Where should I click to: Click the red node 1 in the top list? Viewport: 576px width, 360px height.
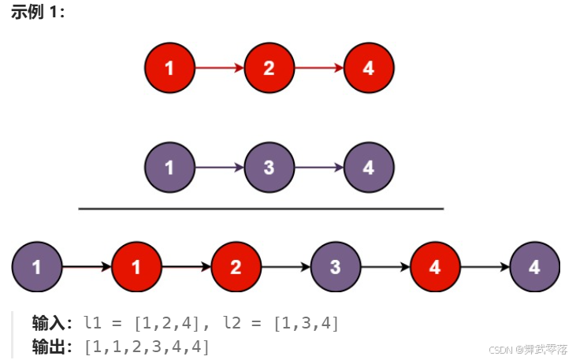pos(169,68)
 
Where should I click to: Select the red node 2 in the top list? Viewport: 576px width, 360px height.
pos(269,68)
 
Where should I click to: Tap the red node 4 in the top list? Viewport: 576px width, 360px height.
pos(369,68)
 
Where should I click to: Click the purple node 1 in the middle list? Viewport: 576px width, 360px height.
pos(169,168)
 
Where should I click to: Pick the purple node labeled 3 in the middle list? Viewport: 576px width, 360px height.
pos(269,168)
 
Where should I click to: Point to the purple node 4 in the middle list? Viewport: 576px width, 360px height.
pos(369,168)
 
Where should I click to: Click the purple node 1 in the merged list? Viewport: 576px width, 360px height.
pos(37,267)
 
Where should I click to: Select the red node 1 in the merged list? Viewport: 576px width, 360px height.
pos(136,267)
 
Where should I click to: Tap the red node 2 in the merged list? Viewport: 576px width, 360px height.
pos(236,267)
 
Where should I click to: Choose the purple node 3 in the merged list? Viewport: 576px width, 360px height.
pos(336,267)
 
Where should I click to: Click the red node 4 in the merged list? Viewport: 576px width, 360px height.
pos(435,267)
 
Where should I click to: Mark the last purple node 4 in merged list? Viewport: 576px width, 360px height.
pos(535,267)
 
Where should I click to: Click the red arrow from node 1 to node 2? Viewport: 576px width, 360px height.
pos(219,68)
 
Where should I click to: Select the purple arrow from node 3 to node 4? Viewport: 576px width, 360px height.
pos(318,168)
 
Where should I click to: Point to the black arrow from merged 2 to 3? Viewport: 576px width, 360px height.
pos(285,267)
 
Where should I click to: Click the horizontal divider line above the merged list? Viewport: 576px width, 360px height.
pos(261,209)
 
